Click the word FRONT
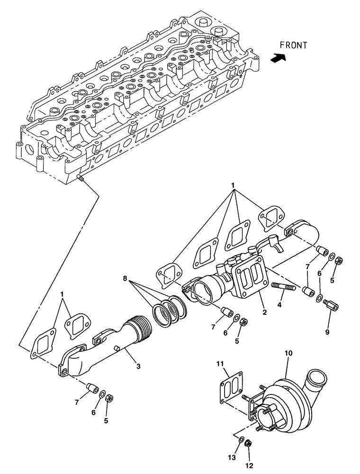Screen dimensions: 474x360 click(x=293, y=46)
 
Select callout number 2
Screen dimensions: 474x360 click(x=265, y=312)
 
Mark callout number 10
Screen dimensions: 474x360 click(x=288, y=353)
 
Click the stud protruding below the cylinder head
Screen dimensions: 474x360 click(x=80, y=178)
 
